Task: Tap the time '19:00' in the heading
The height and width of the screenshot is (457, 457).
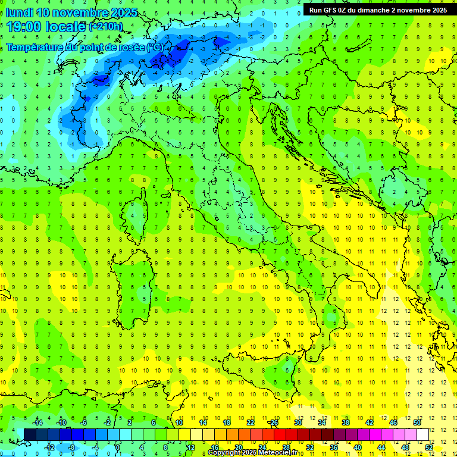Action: coord(24,27)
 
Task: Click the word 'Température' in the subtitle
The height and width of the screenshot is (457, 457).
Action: coord(36,47)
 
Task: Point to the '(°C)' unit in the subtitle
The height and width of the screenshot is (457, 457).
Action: coord(155,47)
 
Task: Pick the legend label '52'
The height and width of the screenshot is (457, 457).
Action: coord(429,447)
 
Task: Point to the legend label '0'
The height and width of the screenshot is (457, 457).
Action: coord(118,447)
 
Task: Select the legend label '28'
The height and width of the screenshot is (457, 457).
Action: coord(286,447)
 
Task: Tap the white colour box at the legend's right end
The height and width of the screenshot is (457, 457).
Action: coord(422,434)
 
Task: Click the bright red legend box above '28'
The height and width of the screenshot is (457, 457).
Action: coord(286,434)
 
